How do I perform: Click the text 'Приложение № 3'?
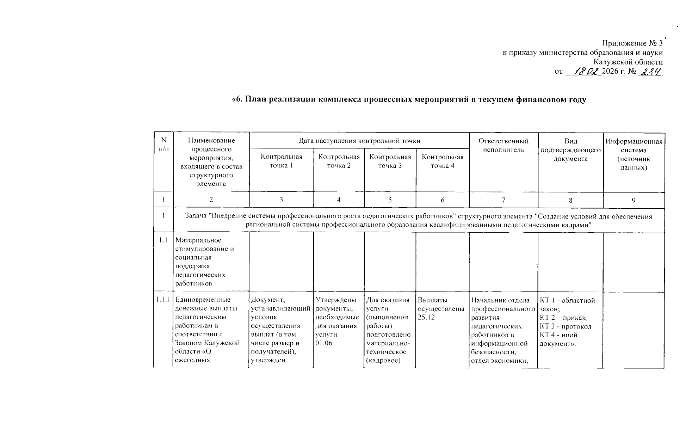click(x=632, y=43)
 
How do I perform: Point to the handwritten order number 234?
click(x=651, y=71)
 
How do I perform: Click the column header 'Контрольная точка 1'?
click(x=281, y=161)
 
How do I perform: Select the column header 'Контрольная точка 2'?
click(x=339, y=161)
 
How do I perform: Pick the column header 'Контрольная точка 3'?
click(x=390, y=161)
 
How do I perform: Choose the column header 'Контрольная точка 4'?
click(x=443, y=161)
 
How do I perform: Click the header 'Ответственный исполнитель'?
click(x=503, y=146)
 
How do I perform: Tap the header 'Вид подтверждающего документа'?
click(x=570, y=150)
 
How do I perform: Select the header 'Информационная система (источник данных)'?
click(x=634, y=154)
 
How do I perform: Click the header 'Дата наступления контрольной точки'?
click(x=359, y=141)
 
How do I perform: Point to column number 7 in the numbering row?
click(x=503, y=200)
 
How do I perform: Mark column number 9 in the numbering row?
click(x=634, y=200)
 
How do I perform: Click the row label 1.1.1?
click(x=163, y=300)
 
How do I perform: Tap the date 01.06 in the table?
click(x=324, y=343)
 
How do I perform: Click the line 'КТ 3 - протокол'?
click(x=566, y=326)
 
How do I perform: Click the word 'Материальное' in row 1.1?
click(x=198, y=240)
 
